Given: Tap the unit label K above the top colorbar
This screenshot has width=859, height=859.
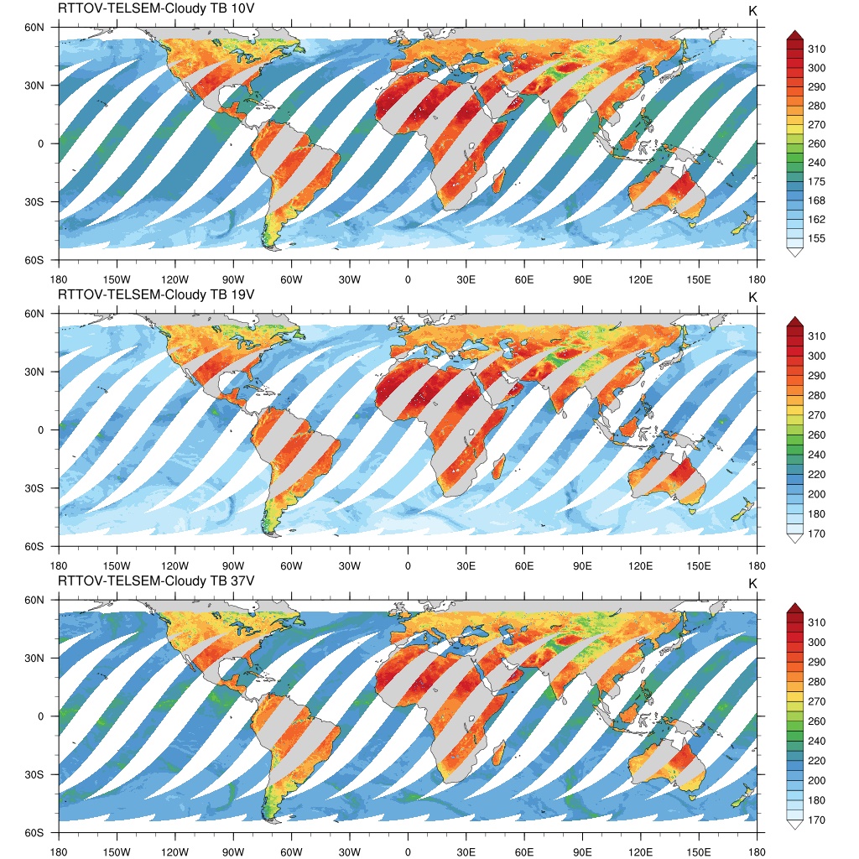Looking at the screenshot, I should tap(752, 10).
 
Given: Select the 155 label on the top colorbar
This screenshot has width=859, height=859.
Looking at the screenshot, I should tap(816, 239).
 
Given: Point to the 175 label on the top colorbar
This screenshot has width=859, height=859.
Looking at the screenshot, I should tap(816, 182).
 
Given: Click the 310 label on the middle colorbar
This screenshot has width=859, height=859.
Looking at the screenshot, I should tap(816, 336).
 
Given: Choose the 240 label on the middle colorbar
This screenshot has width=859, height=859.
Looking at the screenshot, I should tap(816, 455).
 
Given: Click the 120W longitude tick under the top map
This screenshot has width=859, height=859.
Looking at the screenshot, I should tap(174, 279).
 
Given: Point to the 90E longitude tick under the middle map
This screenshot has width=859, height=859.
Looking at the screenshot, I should tap(583, 565).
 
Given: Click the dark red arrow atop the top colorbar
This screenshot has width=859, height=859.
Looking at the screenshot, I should tap(794, 34).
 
